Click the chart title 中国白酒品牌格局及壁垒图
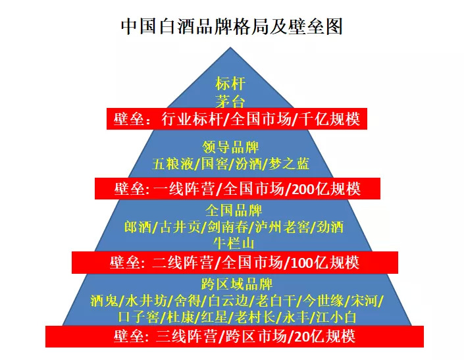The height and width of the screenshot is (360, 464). [x=232, y=26]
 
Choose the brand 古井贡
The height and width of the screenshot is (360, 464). [x=178, y=228]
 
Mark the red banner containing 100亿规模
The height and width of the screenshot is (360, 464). [x=235, y=262]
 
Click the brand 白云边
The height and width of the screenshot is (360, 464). [x=231, y=301]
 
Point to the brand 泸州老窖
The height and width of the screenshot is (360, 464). [x=281, y=228]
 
